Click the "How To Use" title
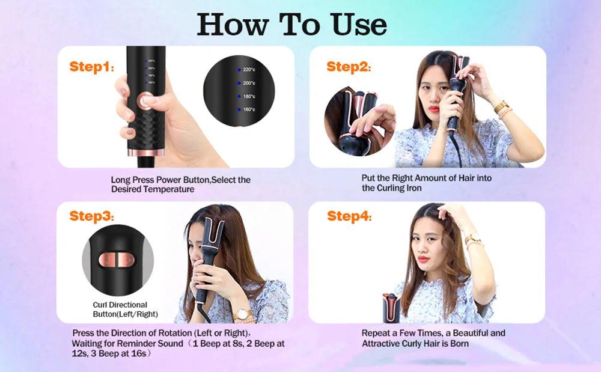tap(292, 24)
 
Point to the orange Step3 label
tap(91, 216)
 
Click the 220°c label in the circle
tap(249, 70)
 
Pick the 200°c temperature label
tap(249, 83)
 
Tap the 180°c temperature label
tap(249, 96)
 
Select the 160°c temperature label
tap(249, 109)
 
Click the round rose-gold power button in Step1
tap(144, 102)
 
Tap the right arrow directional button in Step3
tap(126, 259)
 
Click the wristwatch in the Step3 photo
tap(243, 314)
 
